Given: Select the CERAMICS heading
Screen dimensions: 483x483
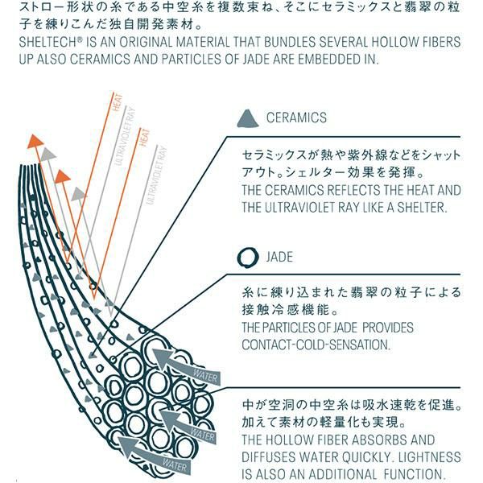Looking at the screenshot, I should point(296,118).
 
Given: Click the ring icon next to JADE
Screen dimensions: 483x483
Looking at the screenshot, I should point(249,258).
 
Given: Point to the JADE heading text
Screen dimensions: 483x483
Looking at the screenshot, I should point(279,258).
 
